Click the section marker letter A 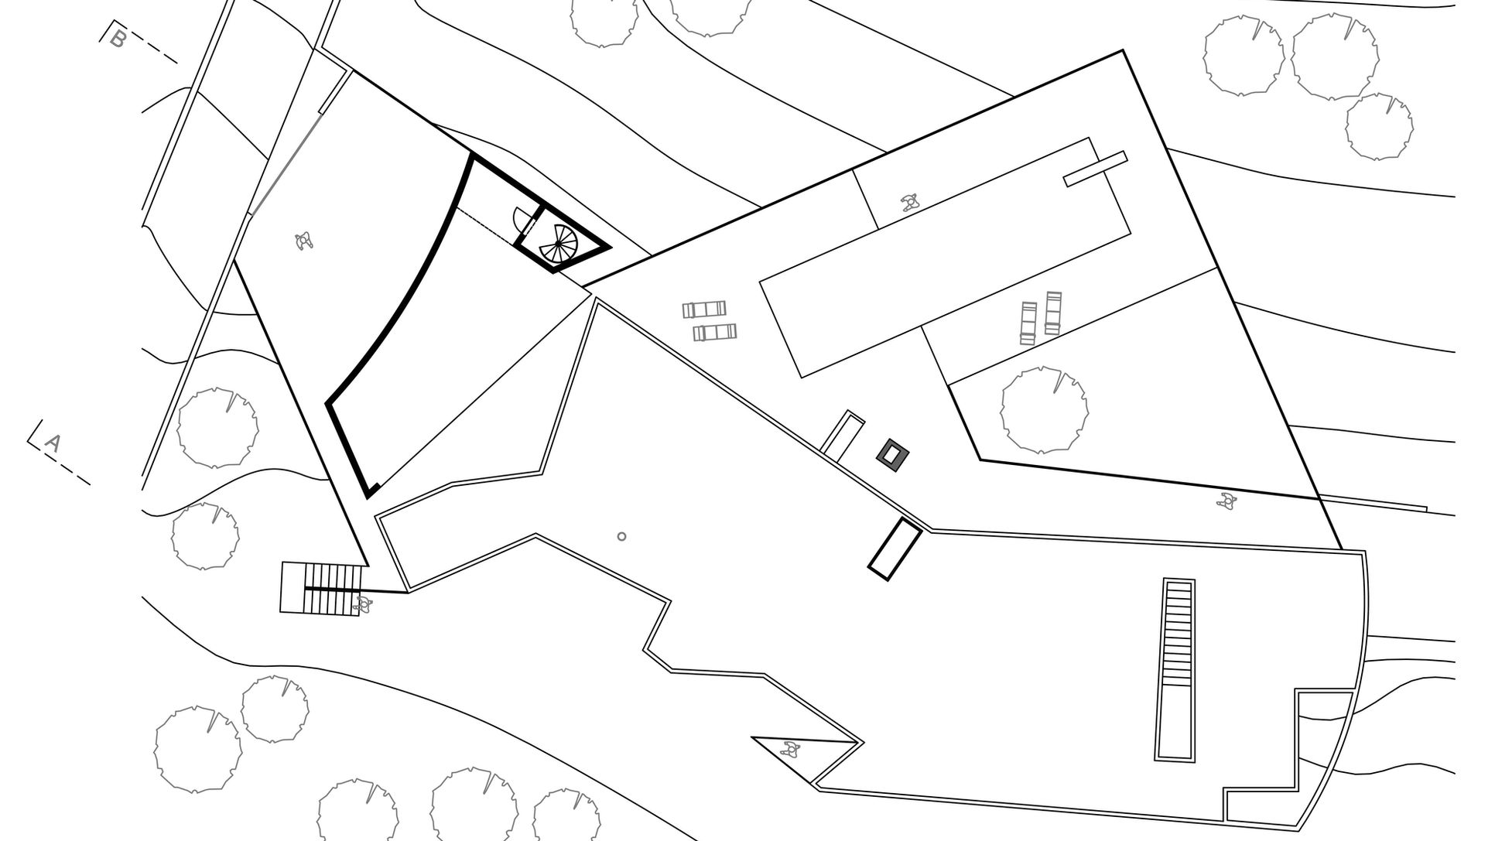coord(52,443)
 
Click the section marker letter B coord(118,38)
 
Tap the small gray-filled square coord(893,454)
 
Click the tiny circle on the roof coord(621,536)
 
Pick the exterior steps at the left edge coord(323,588)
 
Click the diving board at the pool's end coord(1095,169)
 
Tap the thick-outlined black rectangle coord(894,549)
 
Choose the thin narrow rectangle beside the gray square coord(842,435)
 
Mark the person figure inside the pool coord(910,203)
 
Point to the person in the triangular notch coord(790,749)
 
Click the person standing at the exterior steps coord(362,603)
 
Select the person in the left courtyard coord(304,241)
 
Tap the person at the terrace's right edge coord(1226,501)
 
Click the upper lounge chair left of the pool coord(704,310)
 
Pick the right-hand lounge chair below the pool coord(1053,313)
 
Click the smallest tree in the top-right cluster coord(1379,127)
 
